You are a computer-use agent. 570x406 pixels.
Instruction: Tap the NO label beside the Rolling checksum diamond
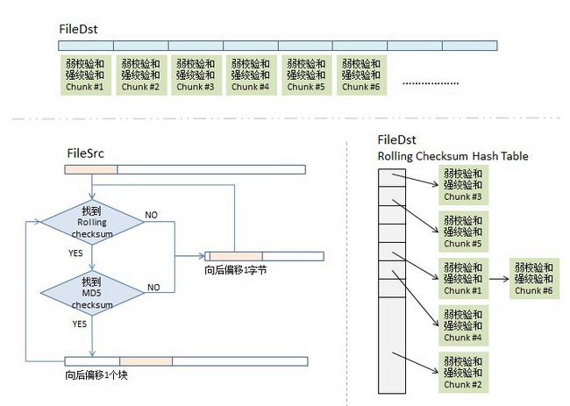(152, 214)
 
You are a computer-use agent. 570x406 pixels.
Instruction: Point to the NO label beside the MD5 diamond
(153, 287)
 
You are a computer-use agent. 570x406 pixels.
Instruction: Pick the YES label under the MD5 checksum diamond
(80, 323)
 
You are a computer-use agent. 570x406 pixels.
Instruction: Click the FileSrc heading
(87, 153)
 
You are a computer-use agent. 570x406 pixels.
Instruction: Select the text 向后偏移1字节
(235, 270)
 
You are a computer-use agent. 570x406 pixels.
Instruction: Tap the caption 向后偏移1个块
(96, 374)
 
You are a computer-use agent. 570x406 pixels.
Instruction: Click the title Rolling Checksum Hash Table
(452, 156)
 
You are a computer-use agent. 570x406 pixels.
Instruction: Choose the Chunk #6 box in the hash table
(534, 278)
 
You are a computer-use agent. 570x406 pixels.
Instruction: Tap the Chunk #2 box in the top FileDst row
(139, 75)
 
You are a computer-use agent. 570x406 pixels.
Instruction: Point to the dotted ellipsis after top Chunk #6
(430, 82)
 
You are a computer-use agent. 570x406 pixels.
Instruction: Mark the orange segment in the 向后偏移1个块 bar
(146, 360)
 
